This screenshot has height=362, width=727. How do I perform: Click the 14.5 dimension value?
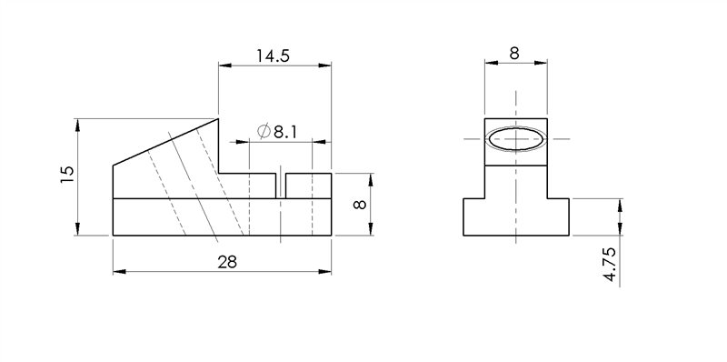coord(273,55)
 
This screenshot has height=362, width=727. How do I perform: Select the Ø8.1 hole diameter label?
coord(278,132)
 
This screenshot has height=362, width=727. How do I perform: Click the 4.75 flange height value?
coord(611,266)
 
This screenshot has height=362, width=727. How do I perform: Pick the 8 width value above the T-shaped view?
coord(514,54)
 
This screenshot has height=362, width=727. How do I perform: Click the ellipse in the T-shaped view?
coord(515,139)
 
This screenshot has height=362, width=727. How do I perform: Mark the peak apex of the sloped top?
coord(219,117)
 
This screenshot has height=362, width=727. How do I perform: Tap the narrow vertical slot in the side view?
coord(282,186)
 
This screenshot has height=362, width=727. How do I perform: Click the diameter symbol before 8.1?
coord(264,132)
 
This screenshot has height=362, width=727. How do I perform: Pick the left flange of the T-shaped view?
coord(473,216)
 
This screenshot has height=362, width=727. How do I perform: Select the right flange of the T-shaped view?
coord(558,216)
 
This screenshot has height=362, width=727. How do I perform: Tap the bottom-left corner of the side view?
coord(113,236)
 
